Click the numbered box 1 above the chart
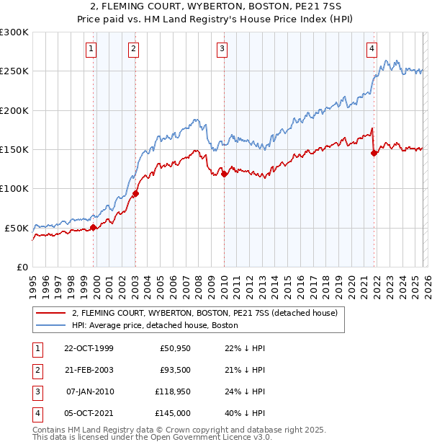[x=91, y=49]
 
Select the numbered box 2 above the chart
[x=134, y=49]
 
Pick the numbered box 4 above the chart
[x=372, y=49]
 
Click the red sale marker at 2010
[x=224, y=174]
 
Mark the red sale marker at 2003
[x=136, y=193]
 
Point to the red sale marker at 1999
[x=94, y=227]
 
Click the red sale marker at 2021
[x=374, y=153]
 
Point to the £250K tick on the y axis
[x=15, y=71]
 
